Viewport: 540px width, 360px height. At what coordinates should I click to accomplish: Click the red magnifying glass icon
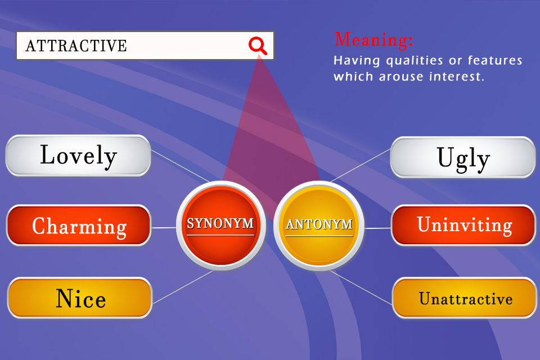tap(258, 46)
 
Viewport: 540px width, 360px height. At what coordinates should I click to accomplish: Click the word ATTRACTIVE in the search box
tap(76, 46)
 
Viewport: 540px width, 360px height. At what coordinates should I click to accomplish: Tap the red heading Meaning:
tap(373, 39)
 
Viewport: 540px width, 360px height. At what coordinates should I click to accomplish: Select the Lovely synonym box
tap(78, 155)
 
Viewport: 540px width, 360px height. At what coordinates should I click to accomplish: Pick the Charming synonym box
tap(79, 226)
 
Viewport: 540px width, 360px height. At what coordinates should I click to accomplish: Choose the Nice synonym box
tap(80, 298)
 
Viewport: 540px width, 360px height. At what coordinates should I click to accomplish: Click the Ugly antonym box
tap(463, 157)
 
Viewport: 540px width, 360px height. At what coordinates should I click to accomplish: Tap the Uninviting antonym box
tap(463, 226)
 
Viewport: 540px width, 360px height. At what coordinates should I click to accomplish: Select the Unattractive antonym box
tap(465, 298)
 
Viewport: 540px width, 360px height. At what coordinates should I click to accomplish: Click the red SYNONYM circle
tap(220, 226)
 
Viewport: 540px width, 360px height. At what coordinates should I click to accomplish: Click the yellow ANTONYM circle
tap(319, 226)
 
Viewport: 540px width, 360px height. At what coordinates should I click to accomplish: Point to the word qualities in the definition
tap(415, 61)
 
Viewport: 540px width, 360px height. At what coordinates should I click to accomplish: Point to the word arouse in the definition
tap(401, 77)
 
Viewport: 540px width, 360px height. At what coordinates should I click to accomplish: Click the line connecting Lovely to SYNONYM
tap(180, 166)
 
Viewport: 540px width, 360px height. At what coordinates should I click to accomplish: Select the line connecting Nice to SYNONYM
tap(183, 287)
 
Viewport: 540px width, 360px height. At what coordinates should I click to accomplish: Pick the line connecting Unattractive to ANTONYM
tap(361, 287)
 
